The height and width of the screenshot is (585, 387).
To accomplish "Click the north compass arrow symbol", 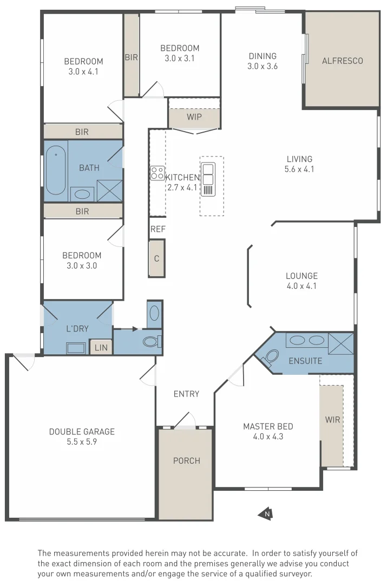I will coord(265,514).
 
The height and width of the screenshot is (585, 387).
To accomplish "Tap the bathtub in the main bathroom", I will coord(55,171).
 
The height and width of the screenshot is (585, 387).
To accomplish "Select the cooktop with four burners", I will coord(157,173).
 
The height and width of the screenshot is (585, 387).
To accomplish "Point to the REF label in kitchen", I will coord(158,229).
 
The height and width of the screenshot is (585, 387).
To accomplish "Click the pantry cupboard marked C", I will coord(156,258).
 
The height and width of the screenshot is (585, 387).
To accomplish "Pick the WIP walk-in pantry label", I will coord(194,117).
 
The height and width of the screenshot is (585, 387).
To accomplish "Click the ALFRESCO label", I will coord(342,61).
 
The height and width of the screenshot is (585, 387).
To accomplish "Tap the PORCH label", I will coord(186,460).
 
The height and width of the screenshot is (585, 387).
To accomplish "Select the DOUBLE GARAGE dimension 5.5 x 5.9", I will coord(82,441).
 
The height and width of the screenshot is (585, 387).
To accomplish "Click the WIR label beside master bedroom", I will coord(332,420).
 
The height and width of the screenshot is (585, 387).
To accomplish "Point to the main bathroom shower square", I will coord(110,190).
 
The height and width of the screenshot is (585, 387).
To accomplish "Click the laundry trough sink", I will coord(76,348).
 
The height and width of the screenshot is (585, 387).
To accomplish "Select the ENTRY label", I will coord(186,394).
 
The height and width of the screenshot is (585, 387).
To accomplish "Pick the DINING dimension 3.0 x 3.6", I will coord(262,66).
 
